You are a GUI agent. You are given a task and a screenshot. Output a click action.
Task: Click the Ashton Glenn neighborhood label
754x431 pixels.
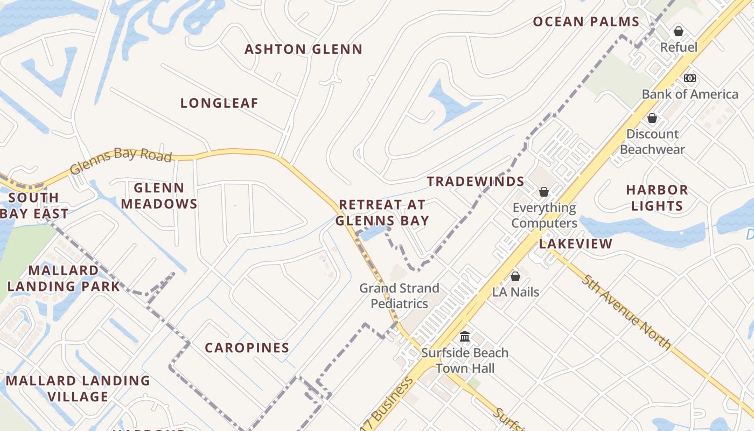[303, 50]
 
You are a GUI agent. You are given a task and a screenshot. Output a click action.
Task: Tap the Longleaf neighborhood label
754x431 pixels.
[219, 103]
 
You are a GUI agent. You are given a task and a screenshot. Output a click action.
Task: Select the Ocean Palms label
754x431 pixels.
[586, 22]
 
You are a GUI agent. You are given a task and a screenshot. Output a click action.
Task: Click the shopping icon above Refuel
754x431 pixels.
[679, 31]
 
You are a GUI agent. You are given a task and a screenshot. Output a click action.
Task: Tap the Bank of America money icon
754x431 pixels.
[690, 78]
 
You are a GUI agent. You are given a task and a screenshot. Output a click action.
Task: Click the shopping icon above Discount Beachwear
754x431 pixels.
[652, 118]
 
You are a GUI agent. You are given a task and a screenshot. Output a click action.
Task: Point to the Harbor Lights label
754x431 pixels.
[657, 198]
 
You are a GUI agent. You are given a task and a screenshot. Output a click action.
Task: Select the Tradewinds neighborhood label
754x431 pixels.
[476, 182]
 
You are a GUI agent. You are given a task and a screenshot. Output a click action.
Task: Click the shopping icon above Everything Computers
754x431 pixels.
[544, 192]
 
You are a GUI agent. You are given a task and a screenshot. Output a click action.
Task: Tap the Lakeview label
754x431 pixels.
[576, 244]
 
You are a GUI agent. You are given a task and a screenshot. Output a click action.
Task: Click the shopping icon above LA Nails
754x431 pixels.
[515, 276]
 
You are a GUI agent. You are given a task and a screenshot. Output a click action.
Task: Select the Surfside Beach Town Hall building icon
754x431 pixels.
[465, 337]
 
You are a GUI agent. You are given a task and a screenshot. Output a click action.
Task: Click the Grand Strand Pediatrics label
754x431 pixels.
[399, 296]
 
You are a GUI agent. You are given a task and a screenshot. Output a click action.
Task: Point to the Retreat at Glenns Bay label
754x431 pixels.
[382, 213]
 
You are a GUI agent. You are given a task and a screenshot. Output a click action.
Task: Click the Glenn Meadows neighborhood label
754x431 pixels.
[159, 196]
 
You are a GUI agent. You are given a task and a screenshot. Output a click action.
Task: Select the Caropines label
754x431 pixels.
[247, 348]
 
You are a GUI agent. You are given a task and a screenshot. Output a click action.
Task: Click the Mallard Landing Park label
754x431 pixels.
[63, 278]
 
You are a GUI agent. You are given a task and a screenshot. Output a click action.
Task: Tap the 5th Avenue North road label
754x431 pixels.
[627, 311]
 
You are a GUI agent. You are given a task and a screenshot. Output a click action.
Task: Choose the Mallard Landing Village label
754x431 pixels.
[78, 388]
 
